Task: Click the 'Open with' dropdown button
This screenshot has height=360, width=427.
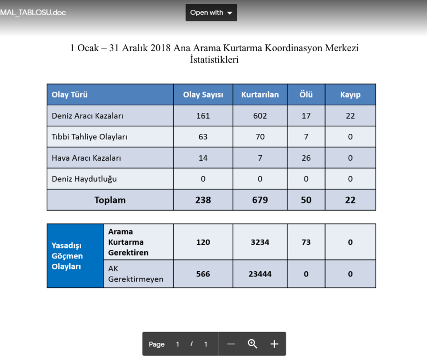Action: coord(211,13)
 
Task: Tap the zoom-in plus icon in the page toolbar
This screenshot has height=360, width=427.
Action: coord(274,344)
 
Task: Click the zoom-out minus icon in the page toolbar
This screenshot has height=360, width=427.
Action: coord(231,344)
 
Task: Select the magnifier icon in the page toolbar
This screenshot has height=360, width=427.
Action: coord(252,344)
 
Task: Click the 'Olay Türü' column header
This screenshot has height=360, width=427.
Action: coord(70,94)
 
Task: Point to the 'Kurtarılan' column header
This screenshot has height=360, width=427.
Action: coord(260,94)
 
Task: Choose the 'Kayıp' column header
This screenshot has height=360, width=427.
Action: coord(350,94)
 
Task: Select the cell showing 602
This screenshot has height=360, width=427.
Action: coord(260,116)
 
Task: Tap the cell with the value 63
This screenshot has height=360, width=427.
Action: coord(203,137)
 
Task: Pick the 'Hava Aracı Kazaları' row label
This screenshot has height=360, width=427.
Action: coord(86,158)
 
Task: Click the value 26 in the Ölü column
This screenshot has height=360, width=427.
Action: coord(306,158)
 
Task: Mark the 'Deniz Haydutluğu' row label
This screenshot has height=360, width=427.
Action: coord(84,179)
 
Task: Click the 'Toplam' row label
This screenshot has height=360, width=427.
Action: coord(110,200)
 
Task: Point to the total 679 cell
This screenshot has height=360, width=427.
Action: coord(260,200)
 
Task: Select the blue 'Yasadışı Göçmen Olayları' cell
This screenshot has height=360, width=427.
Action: coord(75,256)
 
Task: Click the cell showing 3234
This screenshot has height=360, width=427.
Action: coord(260,242)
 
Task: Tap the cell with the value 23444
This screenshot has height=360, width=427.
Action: coord(260,274)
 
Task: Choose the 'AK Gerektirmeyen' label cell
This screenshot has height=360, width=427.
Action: coord(135,274)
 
